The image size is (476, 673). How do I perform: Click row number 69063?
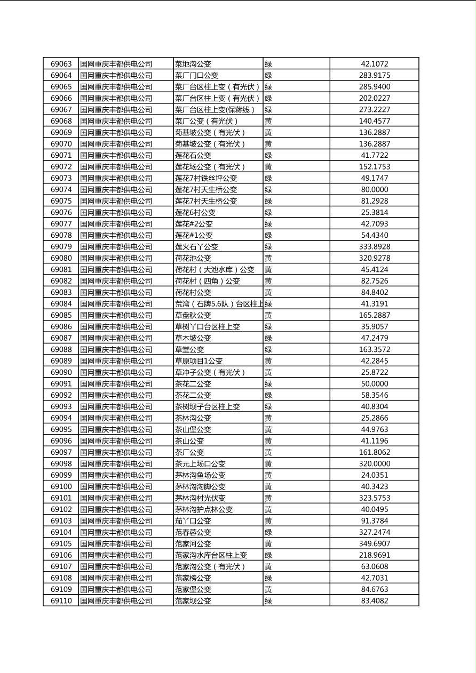(x=61, y=64)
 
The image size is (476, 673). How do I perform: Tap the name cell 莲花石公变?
(x=193, y=155)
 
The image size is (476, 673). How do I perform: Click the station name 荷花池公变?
(x=193, y=258)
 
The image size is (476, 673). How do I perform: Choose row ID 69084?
(x=61, y=304)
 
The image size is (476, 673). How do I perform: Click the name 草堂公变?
(x=189, y=349)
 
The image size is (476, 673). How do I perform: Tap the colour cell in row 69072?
(x=268, y=166)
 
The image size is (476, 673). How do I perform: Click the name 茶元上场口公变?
(x=200, y=464)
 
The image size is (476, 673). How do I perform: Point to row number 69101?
(x=61, y=498)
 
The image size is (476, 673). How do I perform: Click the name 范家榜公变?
(x=193, y=578)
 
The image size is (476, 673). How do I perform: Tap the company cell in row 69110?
(x=116, y=601)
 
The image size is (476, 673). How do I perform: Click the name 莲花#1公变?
(x=194, y=235)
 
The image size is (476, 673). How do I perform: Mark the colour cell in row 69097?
(x=268, y=452)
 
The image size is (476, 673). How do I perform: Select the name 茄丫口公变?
(x=193, y=521)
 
